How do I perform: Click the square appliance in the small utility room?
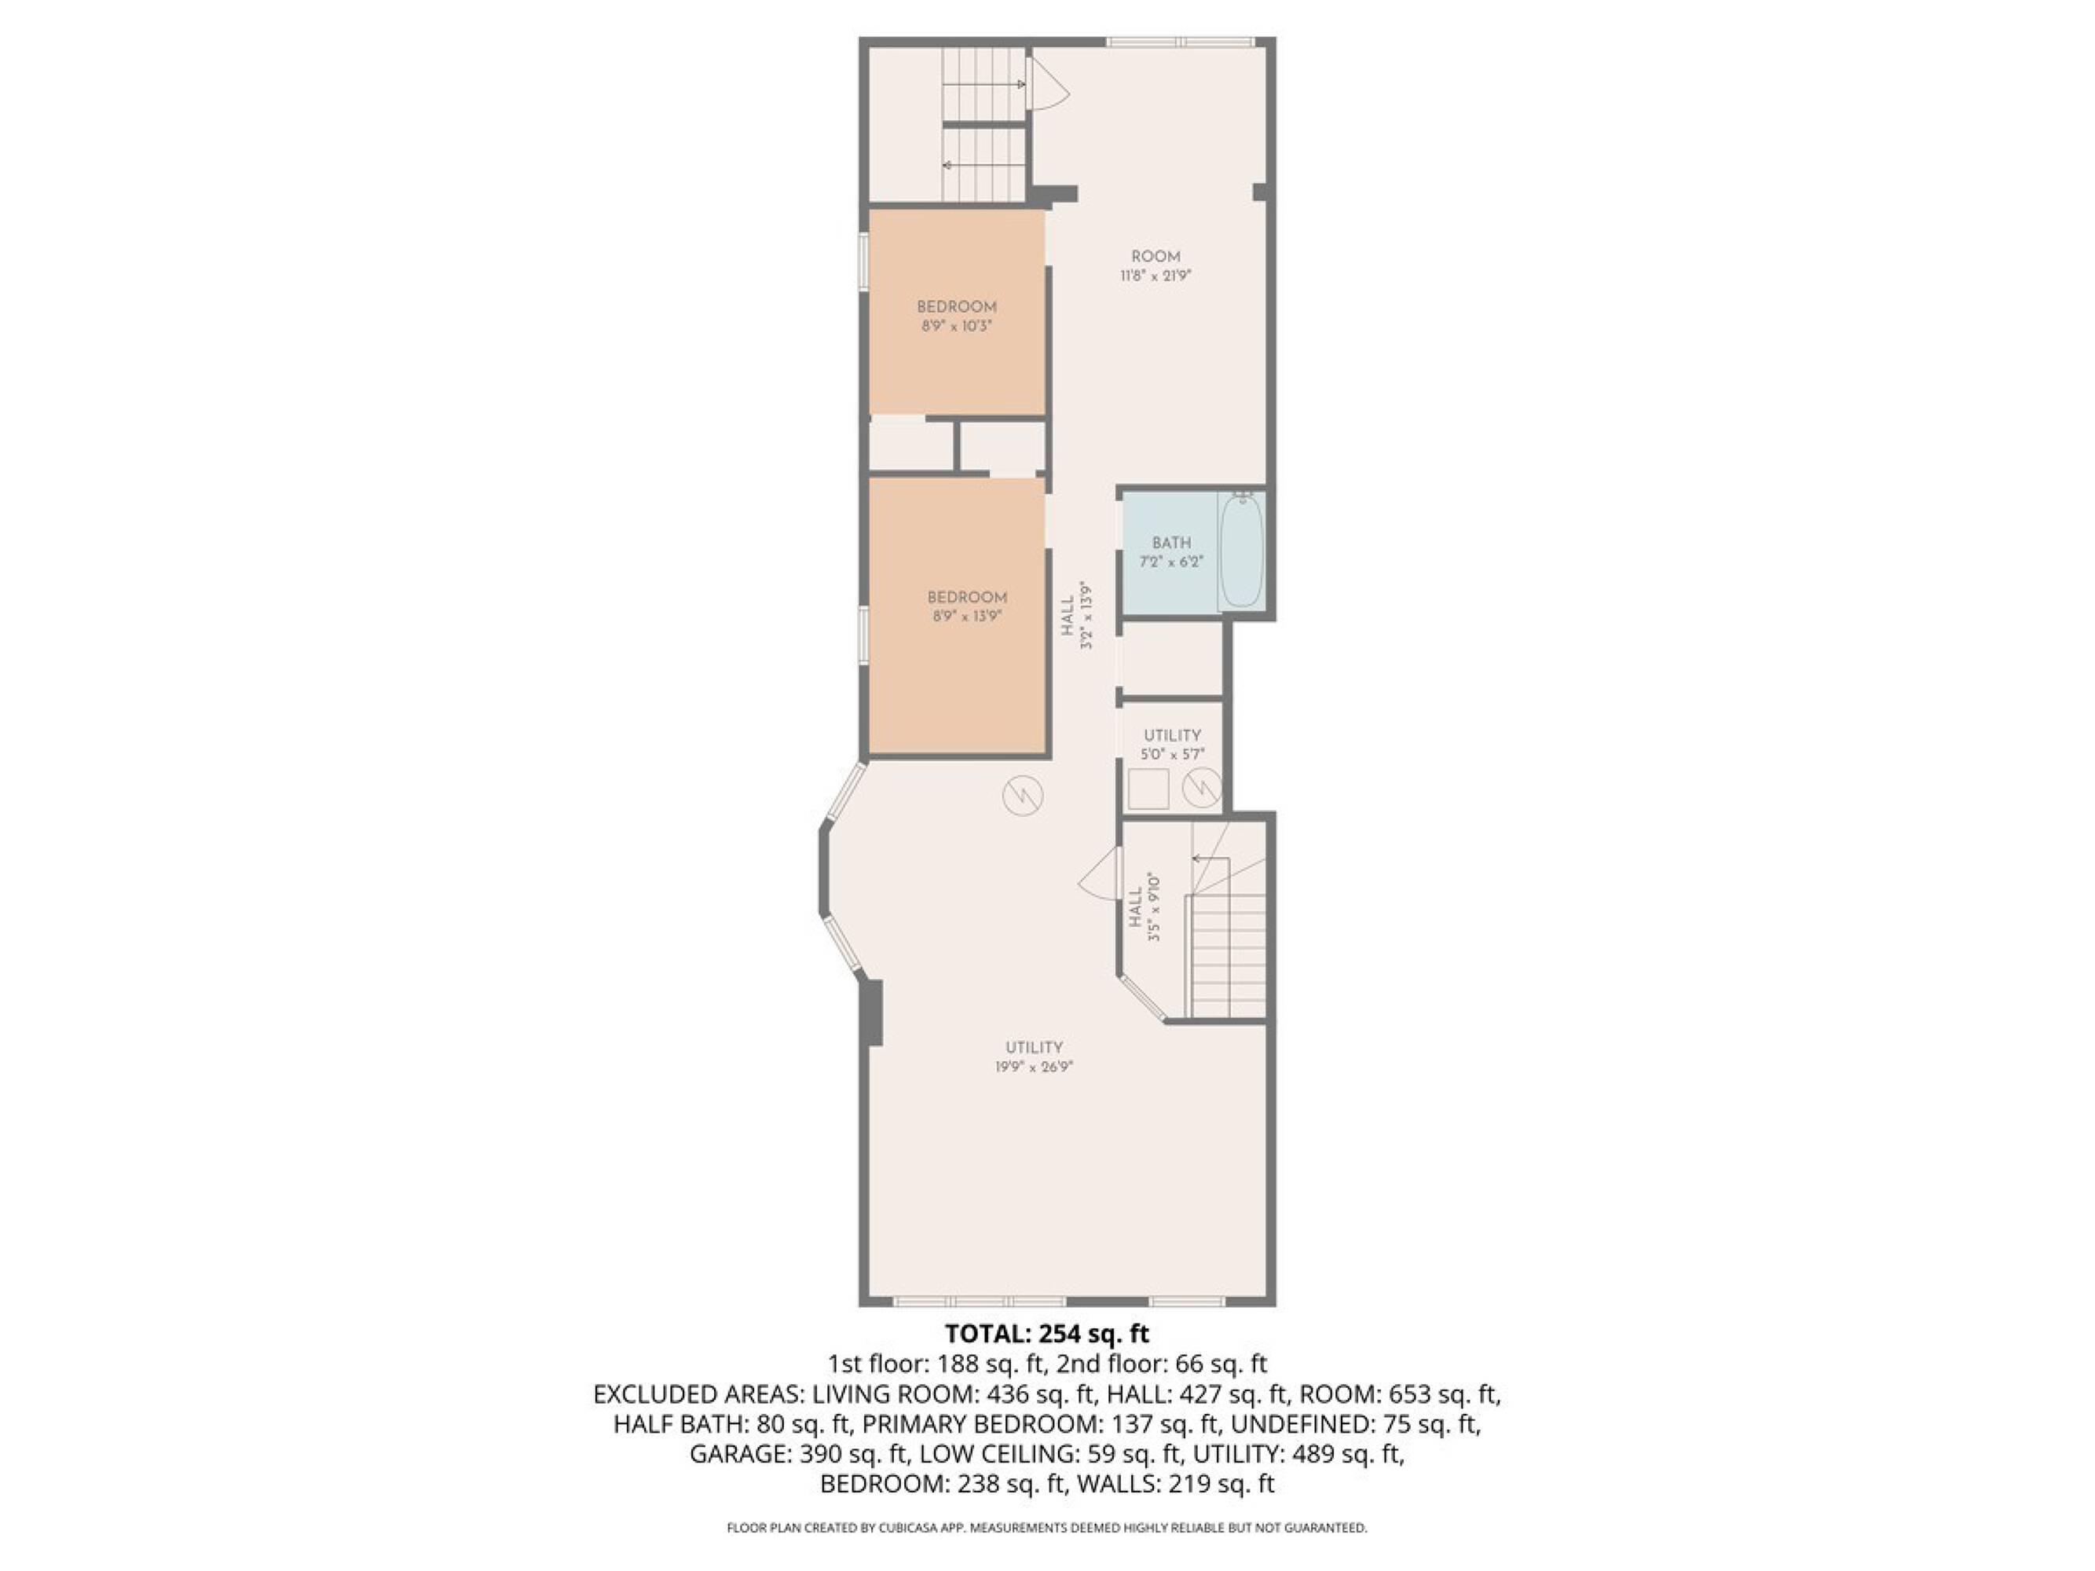1148,788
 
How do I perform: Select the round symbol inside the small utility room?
1202,788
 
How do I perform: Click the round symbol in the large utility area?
1023,796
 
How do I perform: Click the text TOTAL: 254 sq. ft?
1046,1335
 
